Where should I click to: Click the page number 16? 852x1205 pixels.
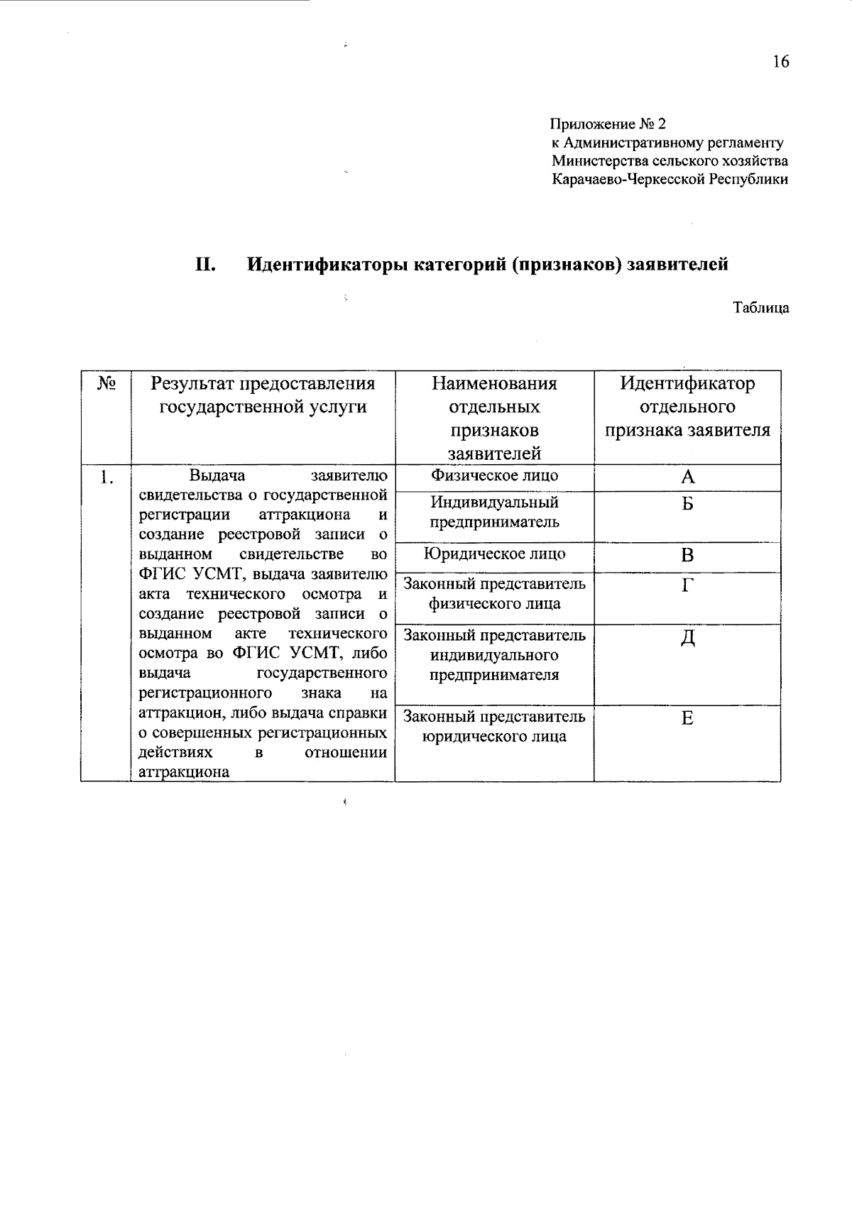tap(780, 62)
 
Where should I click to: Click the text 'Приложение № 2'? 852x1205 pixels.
tap(608, 124)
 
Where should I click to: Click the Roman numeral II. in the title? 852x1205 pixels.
tap(205, 265)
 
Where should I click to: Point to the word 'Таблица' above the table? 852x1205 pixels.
tap(760, 308)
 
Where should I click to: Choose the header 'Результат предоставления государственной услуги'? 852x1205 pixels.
tap(263, 395)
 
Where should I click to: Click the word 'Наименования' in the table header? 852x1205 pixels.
tap(494, 384)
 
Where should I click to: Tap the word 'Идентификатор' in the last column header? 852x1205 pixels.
tap(687, 384)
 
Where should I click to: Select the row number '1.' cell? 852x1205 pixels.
tap(106, 478)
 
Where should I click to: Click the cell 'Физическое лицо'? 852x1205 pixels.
tap(494, 476)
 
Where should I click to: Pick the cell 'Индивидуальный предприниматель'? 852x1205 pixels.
tap(494, 512)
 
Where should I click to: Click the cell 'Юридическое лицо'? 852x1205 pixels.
tap(494, 554)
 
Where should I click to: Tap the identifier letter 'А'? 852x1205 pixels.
tap(687, 478)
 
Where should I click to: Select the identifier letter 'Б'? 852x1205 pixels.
tap(687, 505)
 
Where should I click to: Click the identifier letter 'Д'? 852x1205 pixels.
tap(687, 639)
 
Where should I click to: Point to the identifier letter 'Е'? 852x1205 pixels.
tap(687, 718)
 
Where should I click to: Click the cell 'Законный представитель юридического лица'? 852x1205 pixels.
tap(494, 726)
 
